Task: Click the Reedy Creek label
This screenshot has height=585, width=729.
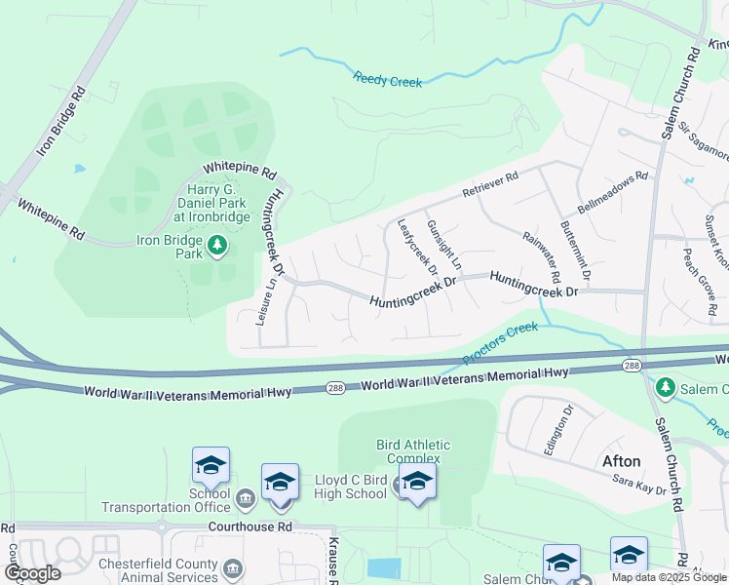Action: click(x=388, y=80)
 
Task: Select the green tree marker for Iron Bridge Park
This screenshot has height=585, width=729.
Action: click(x=218, y=246)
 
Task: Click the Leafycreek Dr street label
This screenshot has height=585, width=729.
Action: click(x=416, y=245)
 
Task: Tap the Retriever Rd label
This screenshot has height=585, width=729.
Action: click(x=490, y=181)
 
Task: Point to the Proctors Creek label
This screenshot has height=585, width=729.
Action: click(x=500, y=343)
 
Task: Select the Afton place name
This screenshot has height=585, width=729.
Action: click(x=620, y=461)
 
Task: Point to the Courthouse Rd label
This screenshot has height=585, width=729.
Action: click(x=250, y=526)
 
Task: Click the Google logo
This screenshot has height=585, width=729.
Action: click(x=32, y=572)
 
